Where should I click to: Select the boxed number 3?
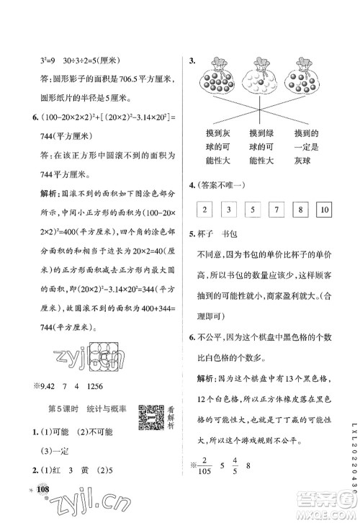230,210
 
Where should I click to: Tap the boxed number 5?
254,210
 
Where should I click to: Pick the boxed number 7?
277,210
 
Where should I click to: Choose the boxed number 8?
301,210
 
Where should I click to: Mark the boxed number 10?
323,210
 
